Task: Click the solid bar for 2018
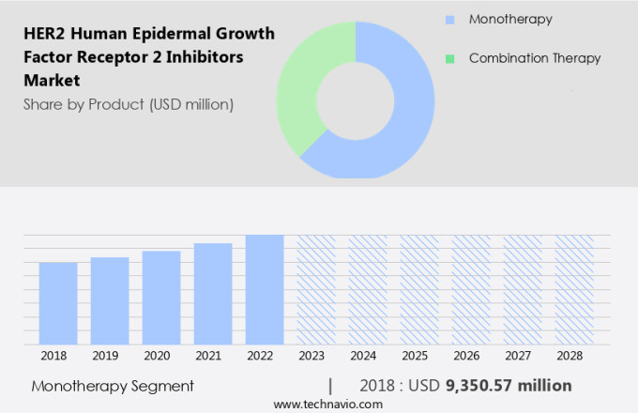click(58, 303)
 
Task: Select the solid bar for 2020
click(161, 298)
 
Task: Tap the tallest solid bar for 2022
click(265, 289)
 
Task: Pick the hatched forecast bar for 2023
click(316, 289)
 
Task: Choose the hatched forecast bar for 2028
click(573, 289)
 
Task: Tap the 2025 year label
click(418, 357)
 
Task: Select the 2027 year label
click(522, 357)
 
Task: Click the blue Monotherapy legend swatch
click(450, 19)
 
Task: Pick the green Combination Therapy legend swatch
click(450, 58)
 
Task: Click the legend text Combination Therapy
click(534, 58)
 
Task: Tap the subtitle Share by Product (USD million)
click(128, 104)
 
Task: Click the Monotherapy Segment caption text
click(113, 386)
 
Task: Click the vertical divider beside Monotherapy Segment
click(330, 385)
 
